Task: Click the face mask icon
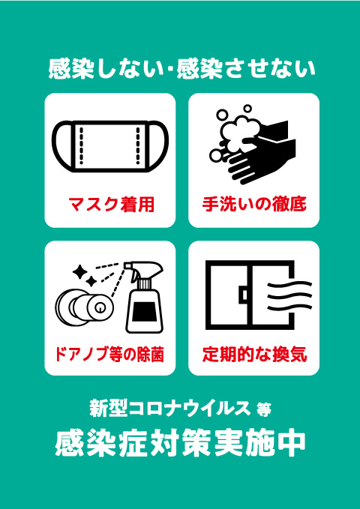(x=110, y=146)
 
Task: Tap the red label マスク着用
(x=111, y=205)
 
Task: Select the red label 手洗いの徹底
(x=254, y=205)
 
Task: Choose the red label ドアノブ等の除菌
(x=109, y=354)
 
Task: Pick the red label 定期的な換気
(x=254, y=354)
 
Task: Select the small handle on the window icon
(x=244, y=295)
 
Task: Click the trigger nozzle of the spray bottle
(x=143, y=270)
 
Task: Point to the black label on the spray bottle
(x=143, y=312)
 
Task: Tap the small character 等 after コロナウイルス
(x=262, y=410)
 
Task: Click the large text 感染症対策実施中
(x=180, y=443)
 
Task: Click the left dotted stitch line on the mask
(x=81, y=145)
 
